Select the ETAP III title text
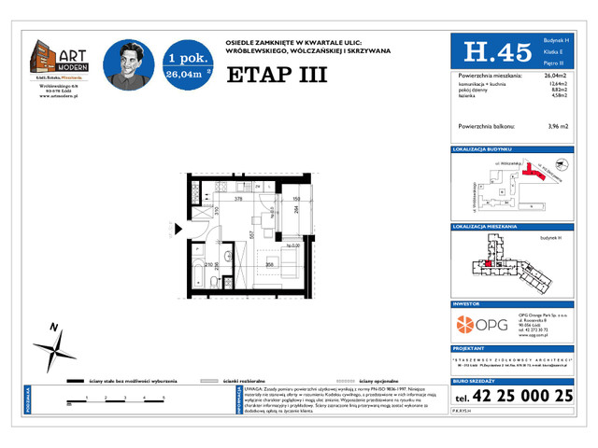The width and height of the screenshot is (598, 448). coord(278,76)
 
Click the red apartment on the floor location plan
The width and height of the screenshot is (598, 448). coord(489,264)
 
